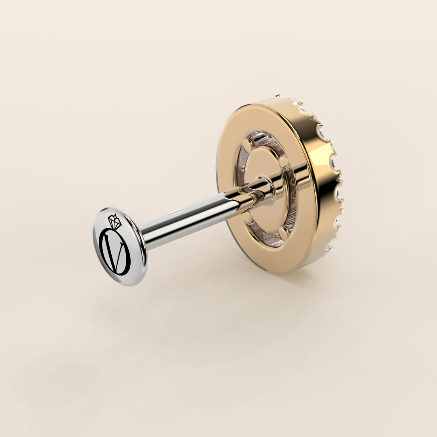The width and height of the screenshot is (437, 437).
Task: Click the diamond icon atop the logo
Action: pos(115,221)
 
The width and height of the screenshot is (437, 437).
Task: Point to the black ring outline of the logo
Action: pos(115,251)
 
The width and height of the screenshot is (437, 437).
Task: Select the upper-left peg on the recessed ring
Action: pos(247,144)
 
